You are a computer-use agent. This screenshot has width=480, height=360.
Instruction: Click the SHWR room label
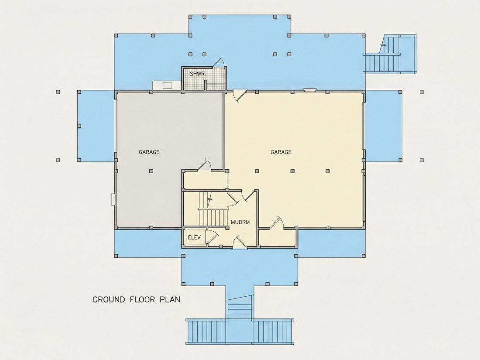[x=197, y=74]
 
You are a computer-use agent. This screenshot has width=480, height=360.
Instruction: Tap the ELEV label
[x=194, y=237]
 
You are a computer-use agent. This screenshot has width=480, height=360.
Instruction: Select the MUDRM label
[x=240, y=222]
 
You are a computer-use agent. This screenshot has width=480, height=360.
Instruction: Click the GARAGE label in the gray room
[x=149, y=152]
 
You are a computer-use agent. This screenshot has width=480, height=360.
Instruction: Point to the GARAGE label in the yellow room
[x=281, y=152]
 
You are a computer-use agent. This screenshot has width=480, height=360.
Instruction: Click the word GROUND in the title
[x=109, y=299]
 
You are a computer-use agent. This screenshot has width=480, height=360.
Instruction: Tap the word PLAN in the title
[x=170, y=299]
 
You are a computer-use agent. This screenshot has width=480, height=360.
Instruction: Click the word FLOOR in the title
[x=143, y=299]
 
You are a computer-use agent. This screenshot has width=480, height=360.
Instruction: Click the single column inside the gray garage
[x=151, y=171]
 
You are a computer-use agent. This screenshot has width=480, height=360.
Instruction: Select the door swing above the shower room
[x=219, y=62]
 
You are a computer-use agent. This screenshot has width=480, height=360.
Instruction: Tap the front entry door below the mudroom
[x=240, y=242]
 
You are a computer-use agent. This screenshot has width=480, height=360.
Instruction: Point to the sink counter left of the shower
[x=167, y=85]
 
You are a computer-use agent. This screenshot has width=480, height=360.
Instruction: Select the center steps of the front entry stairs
[x=240, y=309]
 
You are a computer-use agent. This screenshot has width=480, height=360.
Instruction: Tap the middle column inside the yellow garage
[x=292, y=171]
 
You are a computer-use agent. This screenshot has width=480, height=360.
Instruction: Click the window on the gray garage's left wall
[x=113, y=199]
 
